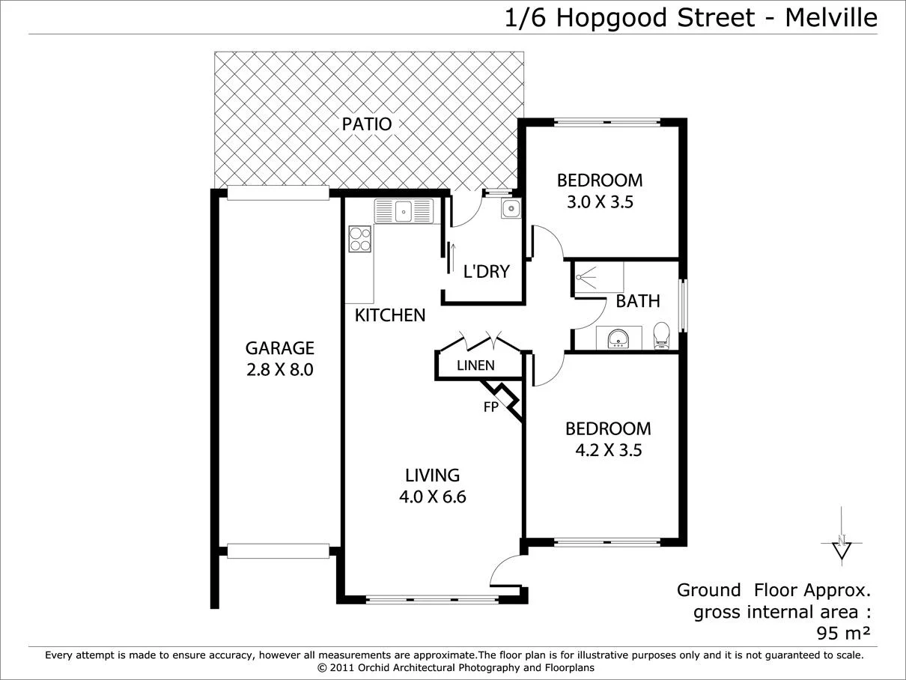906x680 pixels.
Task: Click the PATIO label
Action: tap(367, 124)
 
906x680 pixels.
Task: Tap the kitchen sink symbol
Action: tap(404, 211)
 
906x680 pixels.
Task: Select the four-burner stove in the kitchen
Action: tap(359, 239)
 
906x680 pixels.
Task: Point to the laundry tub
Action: tap(511, 208)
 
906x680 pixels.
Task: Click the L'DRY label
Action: tap(486, 271)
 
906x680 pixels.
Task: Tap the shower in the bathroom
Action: tap(598, 278)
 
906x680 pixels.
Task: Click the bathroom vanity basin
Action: tap(618, 339)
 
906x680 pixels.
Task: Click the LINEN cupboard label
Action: tap(475, 365)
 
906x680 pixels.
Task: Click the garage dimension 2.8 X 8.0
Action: tap(280, 369)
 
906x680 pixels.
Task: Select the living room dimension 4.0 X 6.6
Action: tap(432, 497)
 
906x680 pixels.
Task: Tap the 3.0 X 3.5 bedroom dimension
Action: tap(600, 201)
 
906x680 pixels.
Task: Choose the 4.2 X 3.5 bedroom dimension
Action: tap(608, 450)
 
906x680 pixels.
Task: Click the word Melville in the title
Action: tap(831, 16)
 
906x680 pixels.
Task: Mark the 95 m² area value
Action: tap(843, 634)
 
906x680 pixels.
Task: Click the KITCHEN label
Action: tap(390, 315)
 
